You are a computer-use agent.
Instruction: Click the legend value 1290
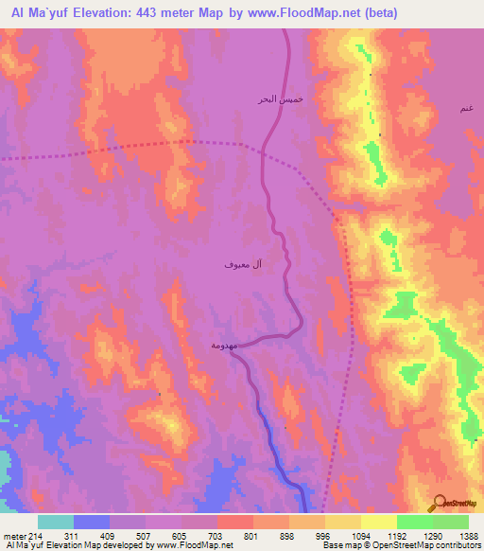[x=432, y=535]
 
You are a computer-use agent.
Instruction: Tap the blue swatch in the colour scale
[x=92, y=522]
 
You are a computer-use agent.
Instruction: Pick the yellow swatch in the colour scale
[x=378, y=522]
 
